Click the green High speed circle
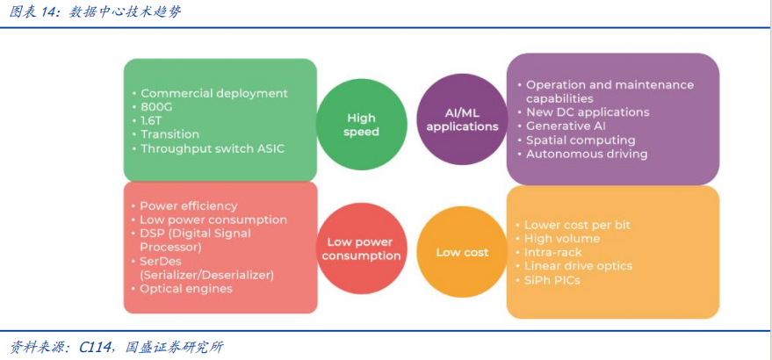[x=361, y=125]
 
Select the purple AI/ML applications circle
[x=462, y=119]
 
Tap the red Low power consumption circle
[x=361, y=249]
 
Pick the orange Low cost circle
[x=462, y=253]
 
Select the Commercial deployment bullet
[x=209, y=94]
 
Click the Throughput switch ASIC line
[x=208, y=148]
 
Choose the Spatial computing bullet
[x=576, y=140]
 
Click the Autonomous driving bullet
[x=582, y=155]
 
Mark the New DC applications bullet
[x=583, y=112]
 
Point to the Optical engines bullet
[x=181, y=289]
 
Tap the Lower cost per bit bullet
[x=573, y=225]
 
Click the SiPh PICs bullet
[x=547, y=281]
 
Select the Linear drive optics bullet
[x=574, y=266]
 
